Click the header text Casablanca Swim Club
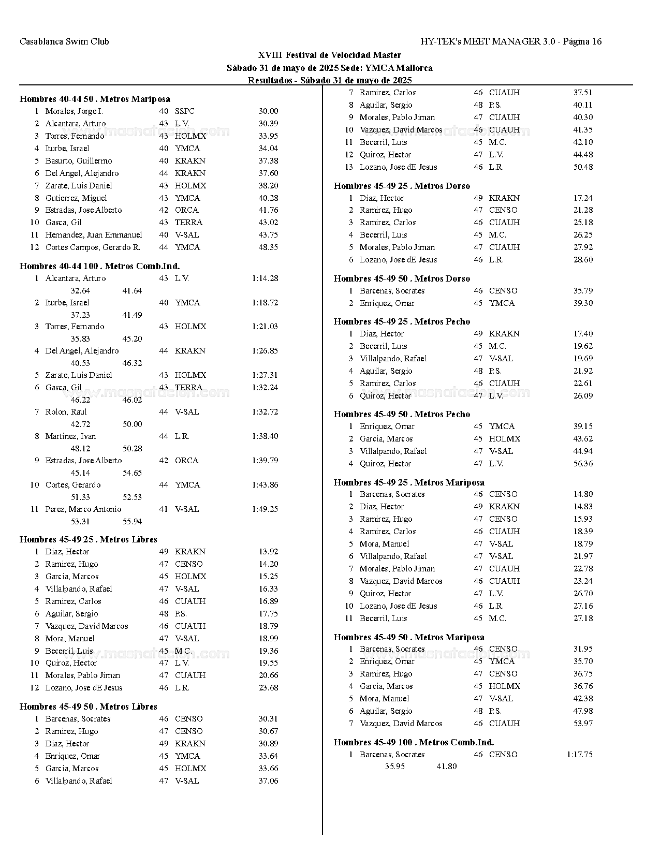[x=64, y=41]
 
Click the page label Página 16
[x=582, y=41]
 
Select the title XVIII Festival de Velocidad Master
[x=329, y=55]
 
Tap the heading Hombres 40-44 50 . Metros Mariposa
[x=95, y=99]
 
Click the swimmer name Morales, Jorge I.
[x=74, y=111]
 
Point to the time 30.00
[x=268, y=111]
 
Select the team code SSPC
[x=185, y=111]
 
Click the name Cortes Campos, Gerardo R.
[x=93, y=247]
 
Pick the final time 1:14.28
[x=265, y=278]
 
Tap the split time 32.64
[x=80, y=290]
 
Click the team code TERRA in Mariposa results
[x=188, y=222]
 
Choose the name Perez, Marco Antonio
[x=83, y=509]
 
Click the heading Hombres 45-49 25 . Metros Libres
[x=88, y=539]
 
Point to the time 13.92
[x=268, y=551]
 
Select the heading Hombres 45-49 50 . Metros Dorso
[x=402, y=278]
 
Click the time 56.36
[x=583, y=463]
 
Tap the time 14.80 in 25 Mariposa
[x=583, y=494]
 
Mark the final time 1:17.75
[x=580, y=754]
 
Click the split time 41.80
[x=446, y=766]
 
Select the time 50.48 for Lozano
[x=583, y=167]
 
